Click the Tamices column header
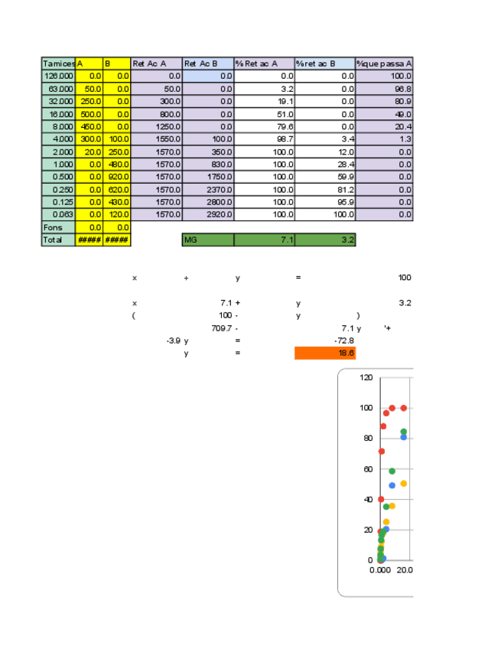tap(58, 64)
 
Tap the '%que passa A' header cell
tap(385, 64)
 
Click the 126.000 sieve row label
tap(58, 76)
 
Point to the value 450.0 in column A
tap(89, 126)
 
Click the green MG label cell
tap(208, 240)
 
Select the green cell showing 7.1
tap(265, 240)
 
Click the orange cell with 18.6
tap(325, 353)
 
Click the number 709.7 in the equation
tap(222, 328)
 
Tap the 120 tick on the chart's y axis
tap(366, 377)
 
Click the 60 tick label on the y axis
tap(368, 468)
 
